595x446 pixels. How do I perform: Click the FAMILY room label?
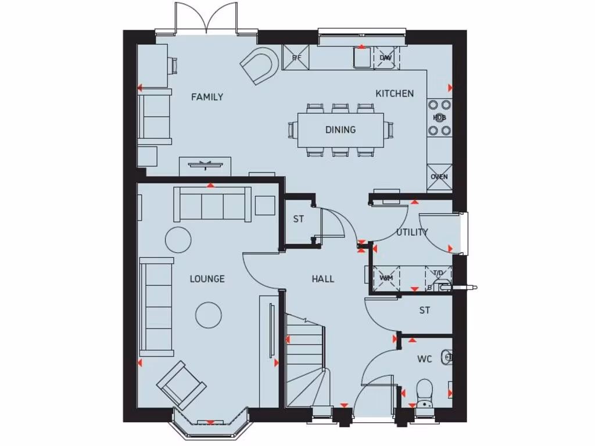207,97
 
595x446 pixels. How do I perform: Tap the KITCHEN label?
395,93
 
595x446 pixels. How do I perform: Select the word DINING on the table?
340,130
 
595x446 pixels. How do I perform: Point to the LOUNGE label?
207,279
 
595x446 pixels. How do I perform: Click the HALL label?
322,279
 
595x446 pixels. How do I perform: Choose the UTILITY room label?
412,232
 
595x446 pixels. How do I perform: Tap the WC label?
424,359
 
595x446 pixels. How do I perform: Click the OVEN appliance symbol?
439,177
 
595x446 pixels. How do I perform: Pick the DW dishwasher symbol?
385,57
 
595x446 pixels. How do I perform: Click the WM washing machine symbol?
386,277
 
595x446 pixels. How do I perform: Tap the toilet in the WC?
425,393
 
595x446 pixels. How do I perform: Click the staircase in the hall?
305,360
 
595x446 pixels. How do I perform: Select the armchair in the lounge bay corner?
181,385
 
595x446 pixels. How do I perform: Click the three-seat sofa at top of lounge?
212,204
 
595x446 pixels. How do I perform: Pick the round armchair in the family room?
259,66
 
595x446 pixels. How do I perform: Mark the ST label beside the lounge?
298,220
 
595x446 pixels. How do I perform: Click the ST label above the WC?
425,311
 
